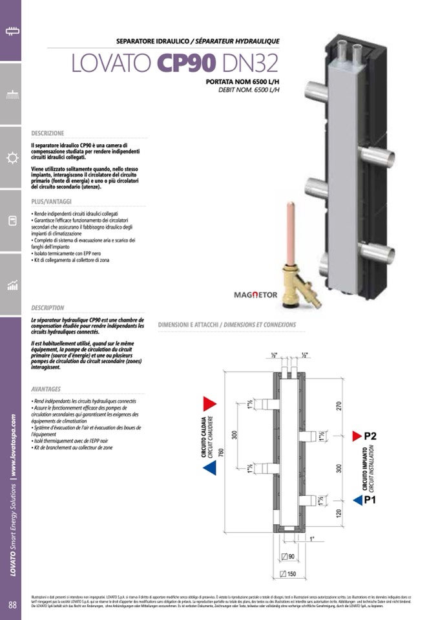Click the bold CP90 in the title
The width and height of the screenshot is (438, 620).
pos(186,64)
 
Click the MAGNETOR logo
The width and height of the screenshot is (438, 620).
pos(255,295)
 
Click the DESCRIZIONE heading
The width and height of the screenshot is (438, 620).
pos(48,133)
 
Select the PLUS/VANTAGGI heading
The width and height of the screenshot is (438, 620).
pos(51,202)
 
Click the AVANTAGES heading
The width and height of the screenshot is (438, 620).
pos(46,389)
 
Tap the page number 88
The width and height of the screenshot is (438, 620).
pos(12,605)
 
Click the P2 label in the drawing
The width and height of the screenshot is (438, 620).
pos(370,436)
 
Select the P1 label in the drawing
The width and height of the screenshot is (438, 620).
pos(370,500)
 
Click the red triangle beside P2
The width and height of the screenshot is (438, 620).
pos(356,436)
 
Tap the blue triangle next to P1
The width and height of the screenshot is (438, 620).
pos(357,500)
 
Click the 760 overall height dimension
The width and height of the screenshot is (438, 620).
pos(222,453)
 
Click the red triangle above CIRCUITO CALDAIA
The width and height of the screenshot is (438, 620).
pos(209,404)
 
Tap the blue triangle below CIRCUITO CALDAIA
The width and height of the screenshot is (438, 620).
pos(209,468)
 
